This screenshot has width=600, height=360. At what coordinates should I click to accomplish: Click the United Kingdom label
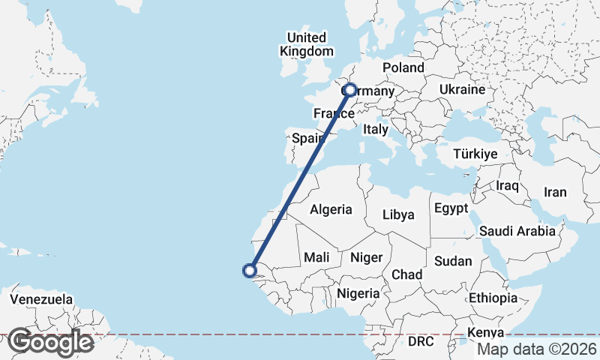[306, 44]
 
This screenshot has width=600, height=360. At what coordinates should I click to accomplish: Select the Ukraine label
[462, 89]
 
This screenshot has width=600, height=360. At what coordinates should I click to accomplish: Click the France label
[334, 114]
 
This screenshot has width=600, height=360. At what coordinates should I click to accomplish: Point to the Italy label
[375, 130]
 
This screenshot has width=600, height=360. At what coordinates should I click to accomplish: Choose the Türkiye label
[475, 154]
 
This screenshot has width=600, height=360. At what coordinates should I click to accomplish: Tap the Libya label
[398, 214]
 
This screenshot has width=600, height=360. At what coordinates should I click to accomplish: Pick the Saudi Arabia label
[517, 231]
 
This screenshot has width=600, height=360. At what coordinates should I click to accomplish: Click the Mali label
[316, 257]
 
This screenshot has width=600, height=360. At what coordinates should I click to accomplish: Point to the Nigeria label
[358, 293]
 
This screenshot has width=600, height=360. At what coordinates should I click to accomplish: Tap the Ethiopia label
[493, 298]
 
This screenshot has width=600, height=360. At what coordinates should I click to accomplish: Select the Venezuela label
[41, 300]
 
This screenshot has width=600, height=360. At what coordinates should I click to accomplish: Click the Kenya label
[485, 332]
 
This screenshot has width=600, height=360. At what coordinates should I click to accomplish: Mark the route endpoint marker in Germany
[350, 90]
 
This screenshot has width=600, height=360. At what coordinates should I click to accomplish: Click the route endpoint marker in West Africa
[250, 271]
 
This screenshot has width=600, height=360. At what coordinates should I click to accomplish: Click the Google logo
[50, 342]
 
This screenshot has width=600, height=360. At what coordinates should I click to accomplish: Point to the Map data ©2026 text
[537, 349]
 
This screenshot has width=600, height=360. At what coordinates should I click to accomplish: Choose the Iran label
[555, 192]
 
